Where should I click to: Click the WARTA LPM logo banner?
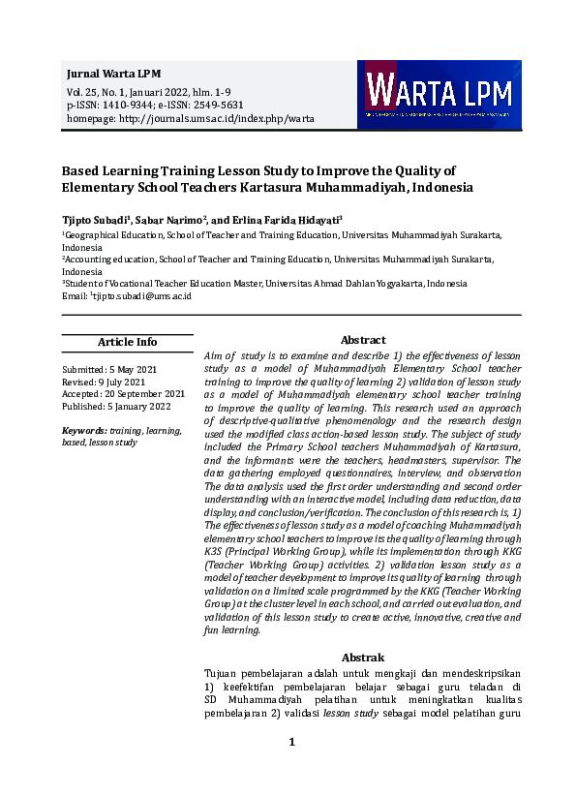tap(439, 95)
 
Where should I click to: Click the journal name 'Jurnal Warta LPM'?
tap(113, 74)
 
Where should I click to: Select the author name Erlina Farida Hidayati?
tap(291, 220)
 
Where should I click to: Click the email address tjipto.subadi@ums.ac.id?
tap(141, 295)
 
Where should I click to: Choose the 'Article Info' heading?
tap(127, 342)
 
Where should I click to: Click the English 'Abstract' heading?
tap(363, 340)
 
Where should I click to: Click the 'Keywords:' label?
tap(83, 429)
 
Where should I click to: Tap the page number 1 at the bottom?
tap(291, 742)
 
